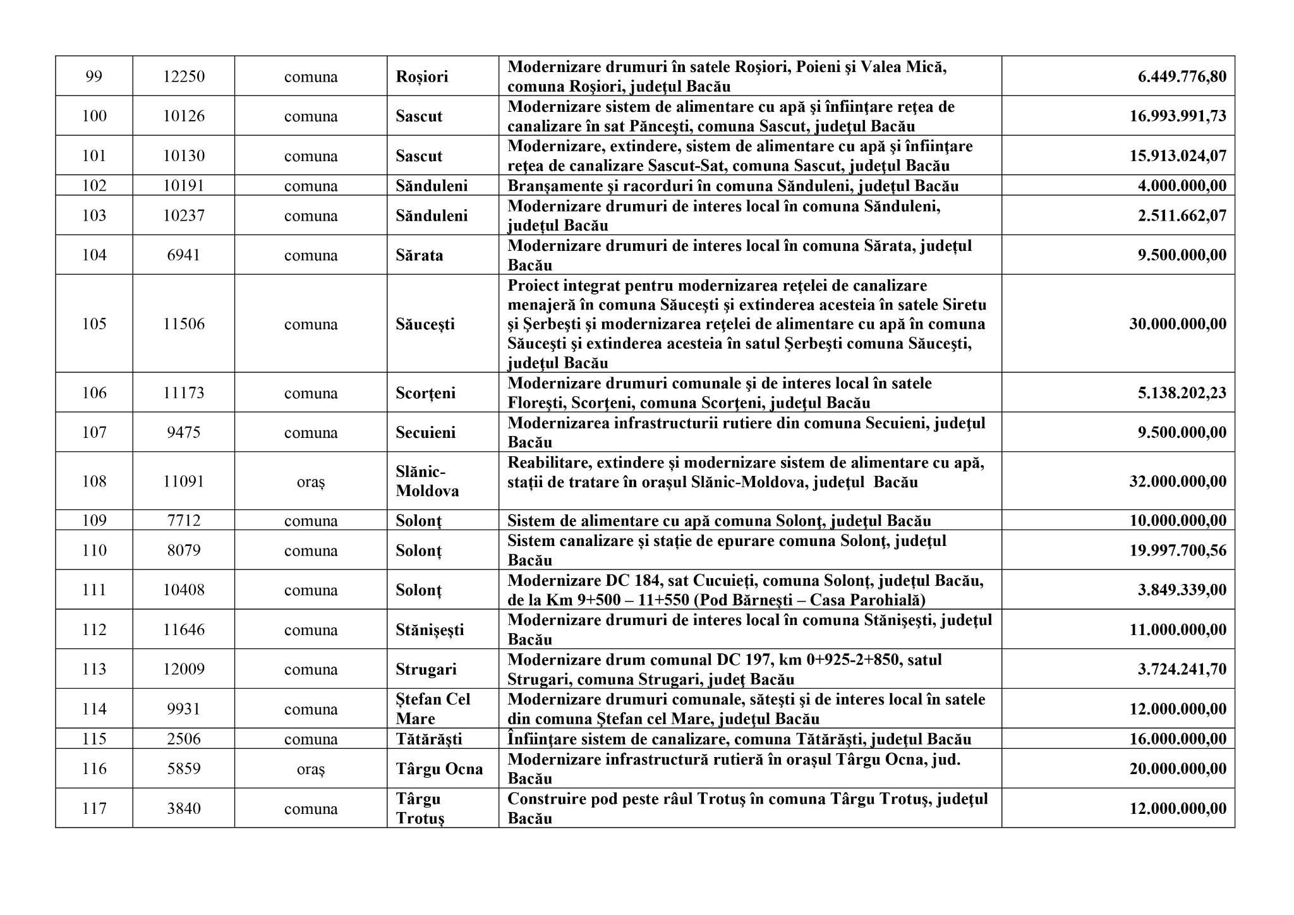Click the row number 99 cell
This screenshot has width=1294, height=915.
click(94, 76)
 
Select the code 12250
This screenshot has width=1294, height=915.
click(184, 76)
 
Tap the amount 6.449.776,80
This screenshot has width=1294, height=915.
click(1182, 76)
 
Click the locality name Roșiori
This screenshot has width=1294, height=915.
click(422, 76)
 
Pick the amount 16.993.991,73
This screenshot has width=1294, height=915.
click(1178, 116)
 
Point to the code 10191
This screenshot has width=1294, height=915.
click(184, 186)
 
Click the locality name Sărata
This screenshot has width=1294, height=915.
click(420, 255)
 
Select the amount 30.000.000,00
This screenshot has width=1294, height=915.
click(1178, 324)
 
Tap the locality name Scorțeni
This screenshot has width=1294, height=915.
click(426, 393)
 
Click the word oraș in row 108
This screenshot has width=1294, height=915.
click(310, 482)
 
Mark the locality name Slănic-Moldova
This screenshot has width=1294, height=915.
click(427, 482)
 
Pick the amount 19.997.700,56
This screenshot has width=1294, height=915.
click(1178, 550)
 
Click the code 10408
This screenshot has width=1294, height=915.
click(184, 590)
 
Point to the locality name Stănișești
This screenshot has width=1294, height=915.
click(430, 630)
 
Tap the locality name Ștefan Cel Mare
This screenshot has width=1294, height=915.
click(433, 709)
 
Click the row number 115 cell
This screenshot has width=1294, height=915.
click(94, 739)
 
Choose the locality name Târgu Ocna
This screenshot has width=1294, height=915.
click(439, 769)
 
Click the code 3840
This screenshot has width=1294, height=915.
click(184, 809)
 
